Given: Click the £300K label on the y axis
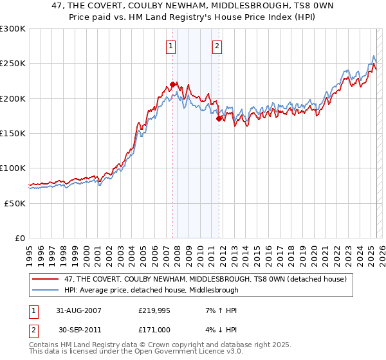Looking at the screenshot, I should point(12,29).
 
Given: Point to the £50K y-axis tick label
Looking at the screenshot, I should point(15,203).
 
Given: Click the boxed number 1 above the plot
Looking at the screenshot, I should point(171,46).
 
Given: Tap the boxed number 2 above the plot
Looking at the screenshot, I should point(217,46).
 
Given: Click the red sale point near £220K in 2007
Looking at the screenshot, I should point(172,84).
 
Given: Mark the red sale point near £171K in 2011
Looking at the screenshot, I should point(219,118).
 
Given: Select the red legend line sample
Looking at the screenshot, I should point(46,279).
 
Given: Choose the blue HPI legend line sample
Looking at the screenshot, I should point(46,290).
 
